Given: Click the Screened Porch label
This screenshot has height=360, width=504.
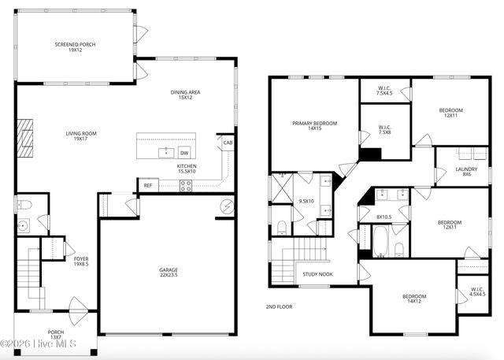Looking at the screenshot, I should click(x=75, y=48).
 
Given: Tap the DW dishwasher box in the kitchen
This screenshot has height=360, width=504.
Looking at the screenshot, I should click(x=184, y=153).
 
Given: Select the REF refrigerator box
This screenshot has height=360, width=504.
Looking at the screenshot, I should click(x=147, y=186).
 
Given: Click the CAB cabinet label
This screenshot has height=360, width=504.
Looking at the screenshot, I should click(x=228, y=143).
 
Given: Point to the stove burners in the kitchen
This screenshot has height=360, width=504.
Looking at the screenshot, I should click(x=187, y=186).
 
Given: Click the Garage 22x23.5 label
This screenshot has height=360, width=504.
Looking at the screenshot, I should click(x=169, y=273).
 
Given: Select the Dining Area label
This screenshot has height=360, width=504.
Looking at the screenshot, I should click(x=186, y=95).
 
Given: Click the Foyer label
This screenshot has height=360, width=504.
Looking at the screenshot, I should click(x=81, y=261).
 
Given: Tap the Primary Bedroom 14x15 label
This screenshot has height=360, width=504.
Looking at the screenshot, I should click(x=314, y=127).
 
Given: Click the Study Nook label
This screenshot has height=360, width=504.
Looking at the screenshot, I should click(x=317, y=275).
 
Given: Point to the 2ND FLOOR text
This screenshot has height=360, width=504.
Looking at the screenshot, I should click(x=279, y=306).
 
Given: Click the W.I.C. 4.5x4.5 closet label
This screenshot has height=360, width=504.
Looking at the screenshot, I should click(x=478, y=291).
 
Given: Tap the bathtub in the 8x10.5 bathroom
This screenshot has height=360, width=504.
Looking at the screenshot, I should click(x=381, y=241).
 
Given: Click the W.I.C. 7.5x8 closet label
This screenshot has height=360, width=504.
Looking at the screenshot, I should click(x=385, y=130).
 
